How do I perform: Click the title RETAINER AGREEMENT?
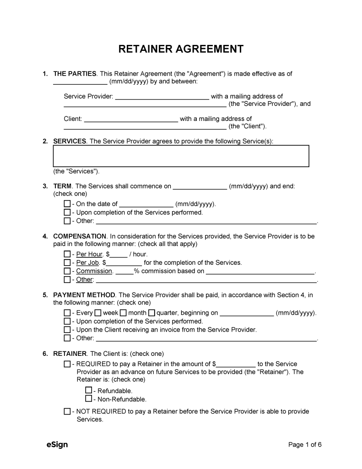pos(181,49)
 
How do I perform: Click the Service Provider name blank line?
pos(162,97)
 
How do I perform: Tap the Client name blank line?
pos(131,120)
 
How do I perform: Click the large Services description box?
pos(181,156)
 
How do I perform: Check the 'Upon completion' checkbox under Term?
pos(67,213)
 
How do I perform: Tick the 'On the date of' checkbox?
pos(67,204)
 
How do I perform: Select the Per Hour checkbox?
pos(67,254)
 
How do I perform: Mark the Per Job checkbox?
pos(67,263)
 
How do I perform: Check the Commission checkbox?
pos(67,271)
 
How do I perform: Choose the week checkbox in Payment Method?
pos(98,313)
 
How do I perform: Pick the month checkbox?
pos(123,313)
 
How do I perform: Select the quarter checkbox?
pos(151,313)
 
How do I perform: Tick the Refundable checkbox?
pos(89,391)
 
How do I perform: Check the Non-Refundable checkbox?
pos(89,399)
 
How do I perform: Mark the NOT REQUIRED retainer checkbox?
pos(67,412)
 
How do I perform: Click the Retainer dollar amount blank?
pos(236,365)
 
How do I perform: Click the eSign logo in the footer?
pos(57,445)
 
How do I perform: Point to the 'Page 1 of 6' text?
pos(305,445)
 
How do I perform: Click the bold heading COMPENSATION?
pos(80,236)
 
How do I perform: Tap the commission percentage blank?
pos(124,271)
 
